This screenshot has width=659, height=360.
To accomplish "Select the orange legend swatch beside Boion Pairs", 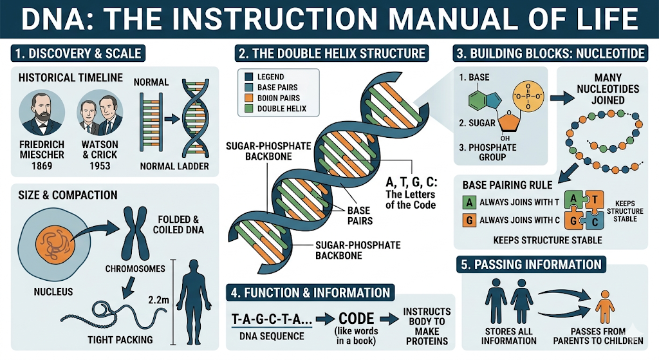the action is point(249,98).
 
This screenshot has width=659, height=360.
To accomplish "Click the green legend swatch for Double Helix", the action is point(249,109).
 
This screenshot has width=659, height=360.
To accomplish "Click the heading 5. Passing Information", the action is point(531,264).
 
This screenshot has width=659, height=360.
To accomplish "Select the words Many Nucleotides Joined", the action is point(600,89).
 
